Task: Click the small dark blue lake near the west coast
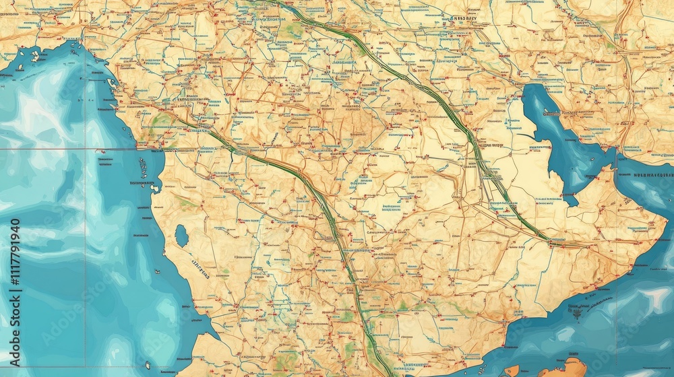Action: (x=181, y=236)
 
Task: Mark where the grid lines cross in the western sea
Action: (x=85, y=149)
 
